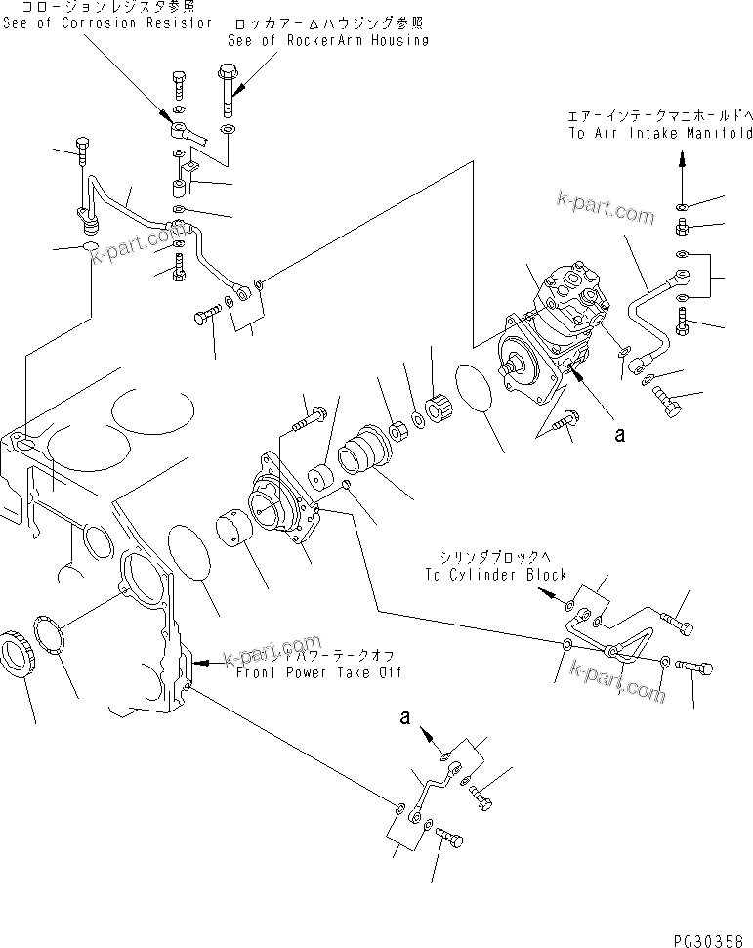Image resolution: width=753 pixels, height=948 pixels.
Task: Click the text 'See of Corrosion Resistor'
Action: click(x=105, y=22)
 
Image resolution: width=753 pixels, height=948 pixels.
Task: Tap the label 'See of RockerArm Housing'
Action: click(x=326, y=41)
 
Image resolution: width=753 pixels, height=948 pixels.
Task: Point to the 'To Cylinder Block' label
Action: click(x=495, y=575)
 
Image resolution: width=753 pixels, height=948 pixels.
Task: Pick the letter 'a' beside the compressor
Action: click(x=618, y=436)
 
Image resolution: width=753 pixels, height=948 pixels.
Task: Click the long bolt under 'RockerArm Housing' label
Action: click(x=228, y=89)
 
